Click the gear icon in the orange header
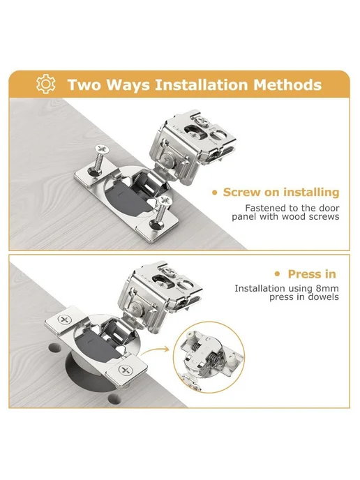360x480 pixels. coord(45,84)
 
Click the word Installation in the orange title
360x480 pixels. coord(201,85)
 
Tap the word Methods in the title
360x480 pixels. coord(287,85)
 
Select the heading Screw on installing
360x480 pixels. coord(281,193)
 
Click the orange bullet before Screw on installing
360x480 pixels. coord(215,193)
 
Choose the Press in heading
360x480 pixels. coord(312,274)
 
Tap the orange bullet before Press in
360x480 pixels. coord(278,273)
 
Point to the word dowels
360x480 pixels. coord(324,297)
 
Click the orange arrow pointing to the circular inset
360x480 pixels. coord(155,352)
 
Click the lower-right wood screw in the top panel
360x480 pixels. coord(160,211)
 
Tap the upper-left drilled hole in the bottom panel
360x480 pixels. coord(54,347)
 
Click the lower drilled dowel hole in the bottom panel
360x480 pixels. coord(114,398)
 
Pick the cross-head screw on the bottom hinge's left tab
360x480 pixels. coord(64,320)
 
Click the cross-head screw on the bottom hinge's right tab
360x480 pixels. coord(125,370)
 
